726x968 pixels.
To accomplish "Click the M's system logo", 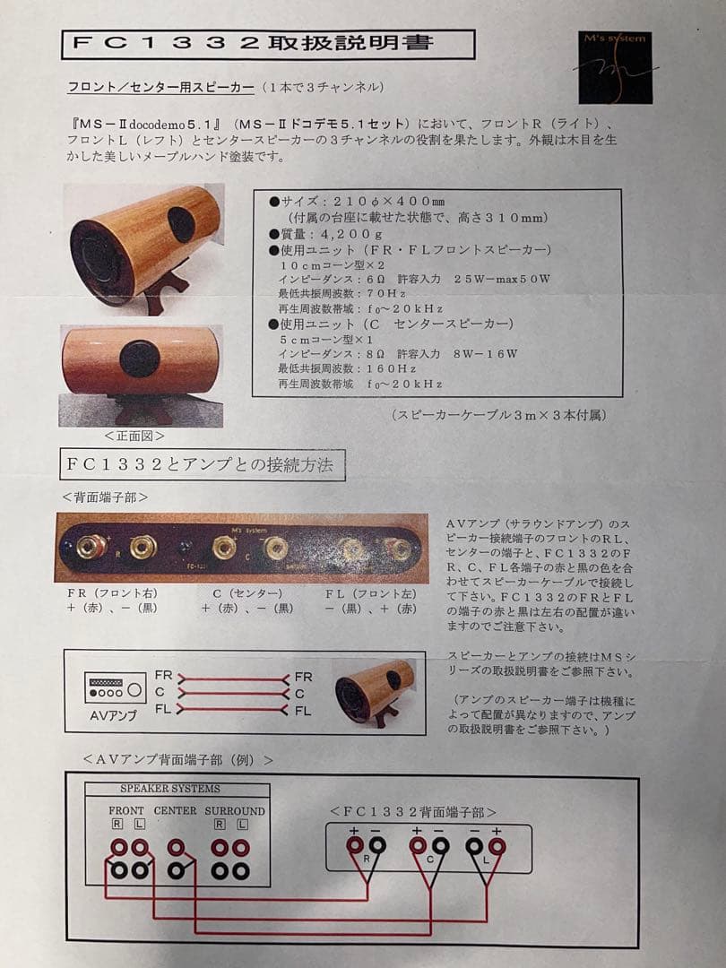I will pos(615,68).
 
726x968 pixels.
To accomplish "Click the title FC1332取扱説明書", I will pos(268,44).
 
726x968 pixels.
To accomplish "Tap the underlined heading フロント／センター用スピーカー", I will pos(160,88).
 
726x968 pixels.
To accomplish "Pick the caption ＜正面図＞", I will pos(134,436).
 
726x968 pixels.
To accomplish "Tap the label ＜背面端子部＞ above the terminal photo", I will pos(105,496).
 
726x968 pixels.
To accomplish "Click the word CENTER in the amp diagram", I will pos(175,811).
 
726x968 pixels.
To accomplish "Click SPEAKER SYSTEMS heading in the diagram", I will pos(169,789).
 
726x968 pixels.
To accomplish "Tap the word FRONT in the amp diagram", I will pos(126,811).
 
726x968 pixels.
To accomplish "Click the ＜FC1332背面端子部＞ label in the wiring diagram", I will pos(413,812).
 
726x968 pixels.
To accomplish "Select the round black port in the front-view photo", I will pos(140,359).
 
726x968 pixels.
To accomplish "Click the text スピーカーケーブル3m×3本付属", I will pos(499,415).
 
